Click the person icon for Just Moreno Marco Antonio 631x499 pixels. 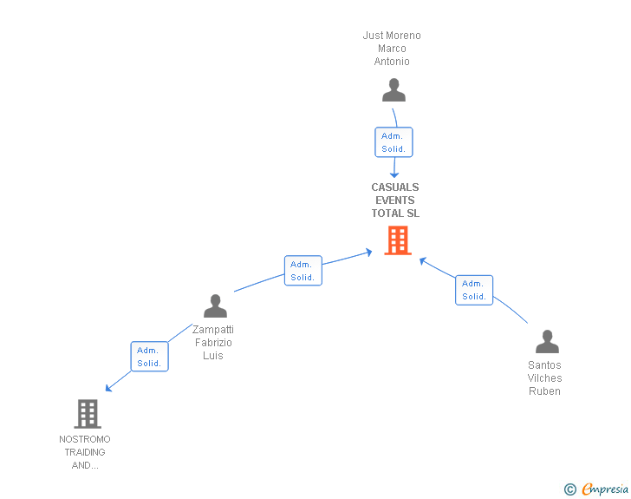coord(394,90)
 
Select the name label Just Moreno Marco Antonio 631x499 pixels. coord(392,49)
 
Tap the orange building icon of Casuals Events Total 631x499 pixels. coord(398,240)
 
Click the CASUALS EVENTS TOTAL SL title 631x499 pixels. coord(395,200)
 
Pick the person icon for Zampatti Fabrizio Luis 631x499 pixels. coord(215,305)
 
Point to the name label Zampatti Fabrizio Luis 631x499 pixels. coord(213,343)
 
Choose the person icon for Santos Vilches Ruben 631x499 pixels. coord(547,341)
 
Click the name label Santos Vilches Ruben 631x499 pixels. coord(544,378)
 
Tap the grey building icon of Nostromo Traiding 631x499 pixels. coord(88,414)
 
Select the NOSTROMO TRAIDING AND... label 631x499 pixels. coord(85,452)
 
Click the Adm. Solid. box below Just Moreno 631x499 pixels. coord(394,142)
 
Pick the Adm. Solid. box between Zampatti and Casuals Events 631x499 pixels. coord(302,271)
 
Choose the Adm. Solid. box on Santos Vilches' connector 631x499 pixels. coord(474,290)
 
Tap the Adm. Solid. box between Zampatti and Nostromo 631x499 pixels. coord(149,357)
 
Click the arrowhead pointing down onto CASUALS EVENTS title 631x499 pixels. coord(394,174)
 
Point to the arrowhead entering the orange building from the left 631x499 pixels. coord(368,253)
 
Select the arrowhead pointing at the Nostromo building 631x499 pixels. coord(108,388)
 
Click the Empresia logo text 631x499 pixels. coord(605,489)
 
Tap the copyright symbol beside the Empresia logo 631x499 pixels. coord(569,489)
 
